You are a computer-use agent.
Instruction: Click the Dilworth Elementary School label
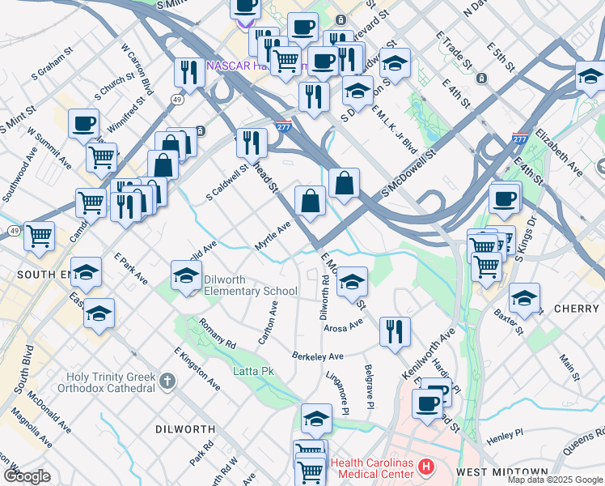click(250, 285)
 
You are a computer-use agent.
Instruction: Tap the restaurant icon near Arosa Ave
click(395, 331)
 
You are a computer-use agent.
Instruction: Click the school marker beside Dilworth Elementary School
click(187, 276)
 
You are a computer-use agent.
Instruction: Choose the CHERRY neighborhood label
click(577, 309)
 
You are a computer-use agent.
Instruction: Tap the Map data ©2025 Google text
click(556, 480)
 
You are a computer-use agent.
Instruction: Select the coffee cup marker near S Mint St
click(84, 125)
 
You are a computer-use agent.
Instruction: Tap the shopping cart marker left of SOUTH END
click(39, 237)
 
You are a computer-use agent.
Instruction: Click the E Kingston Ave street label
click(197, 367)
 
